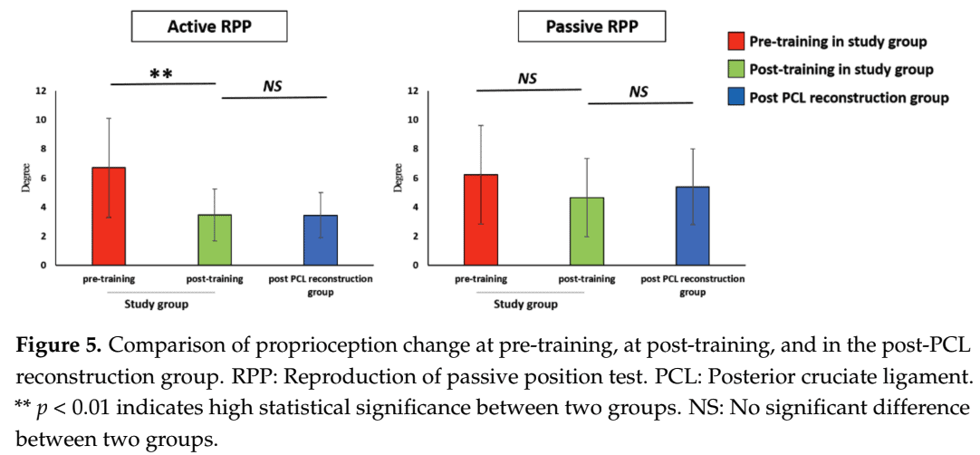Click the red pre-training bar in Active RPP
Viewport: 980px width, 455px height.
click(109, 216)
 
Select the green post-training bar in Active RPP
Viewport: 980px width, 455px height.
click(215, 239)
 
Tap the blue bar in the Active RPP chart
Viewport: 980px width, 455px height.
click(321, 239)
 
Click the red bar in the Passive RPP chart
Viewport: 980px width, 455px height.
click(480, 219)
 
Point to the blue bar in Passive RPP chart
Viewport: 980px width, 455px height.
click(692, 226)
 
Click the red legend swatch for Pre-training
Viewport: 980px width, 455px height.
click(736, 42)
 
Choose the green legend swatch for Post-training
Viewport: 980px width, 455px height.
click(736, 70)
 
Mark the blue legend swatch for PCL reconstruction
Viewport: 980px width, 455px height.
click(736, 98)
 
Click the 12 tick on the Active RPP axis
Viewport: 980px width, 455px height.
click(42, 91)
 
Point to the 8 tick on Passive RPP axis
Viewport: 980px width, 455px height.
click(413, 149)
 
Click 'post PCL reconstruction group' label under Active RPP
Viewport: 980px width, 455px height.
click(322, 285)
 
